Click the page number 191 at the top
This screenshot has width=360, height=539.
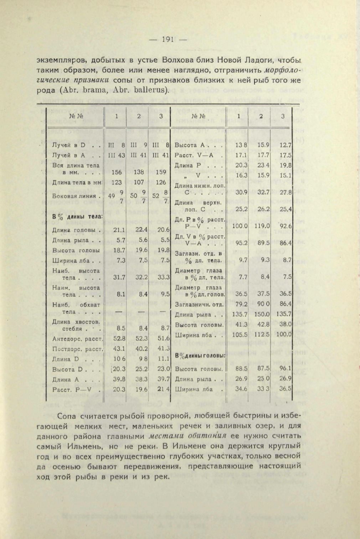(x=167, y=40)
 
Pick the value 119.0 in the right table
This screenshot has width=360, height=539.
(x=262, y=226)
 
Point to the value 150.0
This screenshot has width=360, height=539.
(x=262, y=315)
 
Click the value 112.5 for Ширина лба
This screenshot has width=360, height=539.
(x=262, y=335)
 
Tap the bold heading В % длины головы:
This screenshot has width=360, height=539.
(x=200, y=356)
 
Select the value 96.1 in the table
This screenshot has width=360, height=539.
(x=286, y=369)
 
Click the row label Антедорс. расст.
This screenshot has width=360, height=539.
(x=77, y=339)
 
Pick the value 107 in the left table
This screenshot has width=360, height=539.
(x=139, y=182)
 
